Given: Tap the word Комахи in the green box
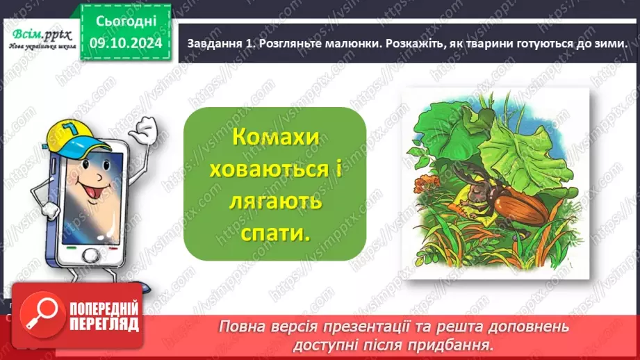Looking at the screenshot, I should coord(276,137).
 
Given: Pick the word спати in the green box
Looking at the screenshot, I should coord(276,233).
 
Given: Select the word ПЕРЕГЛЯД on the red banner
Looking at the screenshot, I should coord(103,324).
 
